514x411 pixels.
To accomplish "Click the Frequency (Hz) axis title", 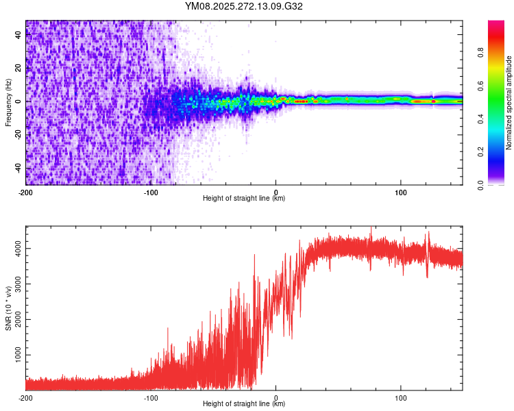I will [x=8, y=102].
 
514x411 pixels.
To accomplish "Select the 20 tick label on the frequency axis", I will [x=19, y=68].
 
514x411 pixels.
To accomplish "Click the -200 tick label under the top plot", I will [x=25, y=192].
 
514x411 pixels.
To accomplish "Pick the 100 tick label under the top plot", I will [x=400, y=192].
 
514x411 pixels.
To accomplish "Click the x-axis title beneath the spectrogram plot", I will [x=244, y=199].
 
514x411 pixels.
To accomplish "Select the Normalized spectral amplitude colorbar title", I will [x=509, y=103].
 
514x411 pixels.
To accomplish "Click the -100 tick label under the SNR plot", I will [x=150, y=397].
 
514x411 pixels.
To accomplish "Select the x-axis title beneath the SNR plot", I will [x=244, y=404].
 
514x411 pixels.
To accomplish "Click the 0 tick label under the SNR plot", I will [x=276, y=397].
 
